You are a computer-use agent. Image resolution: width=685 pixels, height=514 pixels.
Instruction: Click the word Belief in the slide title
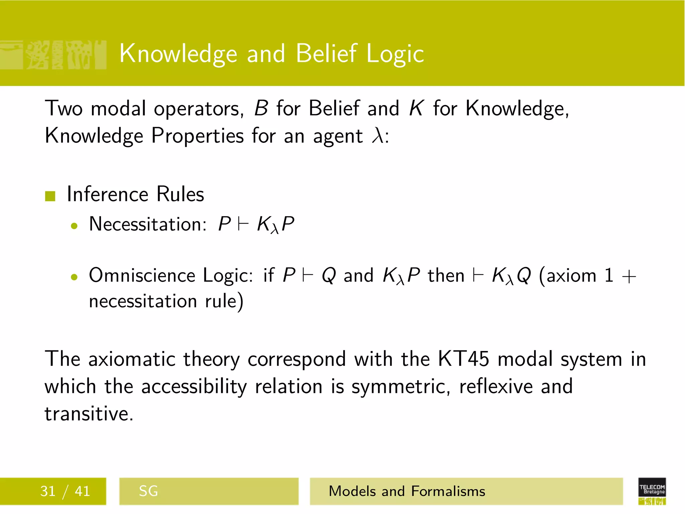326,54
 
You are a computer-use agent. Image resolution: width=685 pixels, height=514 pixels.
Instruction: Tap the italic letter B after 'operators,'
261,108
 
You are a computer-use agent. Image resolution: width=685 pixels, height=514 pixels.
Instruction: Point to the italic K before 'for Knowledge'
416,108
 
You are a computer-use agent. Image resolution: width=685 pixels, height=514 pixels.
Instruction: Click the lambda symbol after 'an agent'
378,136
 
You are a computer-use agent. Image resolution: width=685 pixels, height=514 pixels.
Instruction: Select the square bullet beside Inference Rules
50,196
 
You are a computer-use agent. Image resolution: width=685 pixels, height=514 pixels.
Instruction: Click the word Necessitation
148,224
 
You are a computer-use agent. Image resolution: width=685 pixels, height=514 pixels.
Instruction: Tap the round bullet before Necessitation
74,226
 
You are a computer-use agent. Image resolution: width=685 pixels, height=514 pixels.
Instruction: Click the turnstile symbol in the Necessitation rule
243,224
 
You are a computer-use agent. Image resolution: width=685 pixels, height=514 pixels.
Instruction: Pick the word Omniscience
142,275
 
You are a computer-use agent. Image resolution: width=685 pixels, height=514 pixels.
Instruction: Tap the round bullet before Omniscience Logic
74,277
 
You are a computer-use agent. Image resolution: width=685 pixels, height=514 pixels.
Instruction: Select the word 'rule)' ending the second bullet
224,301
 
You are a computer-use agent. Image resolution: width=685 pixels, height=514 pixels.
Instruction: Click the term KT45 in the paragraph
464,359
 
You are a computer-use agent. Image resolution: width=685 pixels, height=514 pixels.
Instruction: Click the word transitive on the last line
89,414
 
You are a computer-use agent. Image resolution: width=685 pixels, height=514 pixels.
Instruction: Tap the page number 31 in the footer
48,491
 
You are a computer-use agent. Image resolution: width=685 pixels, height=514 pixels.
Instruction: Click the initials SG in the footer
148,491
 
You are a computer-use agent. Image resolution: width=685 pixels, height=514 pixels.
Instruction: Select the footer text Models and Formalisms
407,491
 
